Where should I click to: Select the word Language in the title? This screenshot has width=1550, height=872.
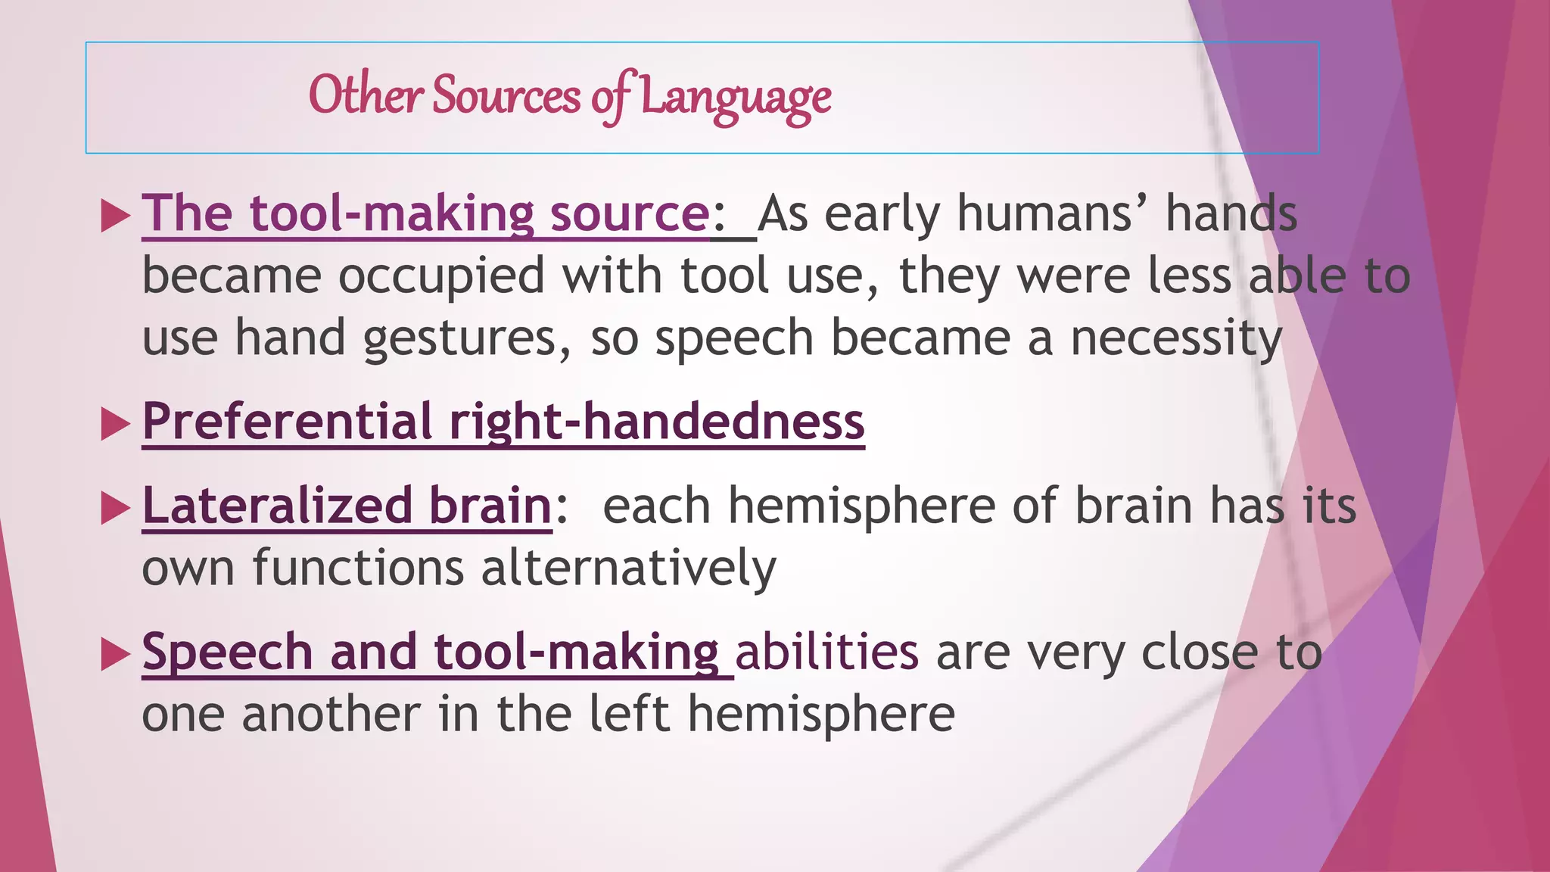click(x=736, y=99)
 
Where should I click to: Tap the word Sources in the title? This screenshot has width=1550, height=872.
click(x=506, y=96)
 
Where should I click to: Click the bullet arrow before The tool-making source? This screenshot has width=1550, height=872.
click(x=116, y=216)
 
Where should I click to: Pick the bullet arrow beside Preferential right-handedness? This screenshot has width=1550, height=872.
click(x=116, y=425)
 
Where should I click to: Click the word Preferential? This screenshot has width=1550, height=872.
click(x=287, y=422)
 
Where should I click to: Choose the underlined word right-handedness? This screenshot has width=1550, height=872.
click(x=656, y=422)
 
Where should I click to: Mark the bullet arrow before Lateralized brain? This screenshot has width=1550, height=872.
click(x=116, y=509)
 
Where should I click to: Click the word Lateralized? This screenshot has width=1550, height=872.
click(x=277, y=506)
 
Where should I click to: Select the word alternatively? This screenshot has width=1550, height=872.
click(x=628, y=568)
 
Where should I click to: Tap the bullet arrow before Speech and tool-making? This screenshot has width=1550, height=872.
click(x=116, y=655)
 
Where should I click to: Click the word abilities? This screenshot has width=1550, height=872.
click(x=826, y=652)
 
